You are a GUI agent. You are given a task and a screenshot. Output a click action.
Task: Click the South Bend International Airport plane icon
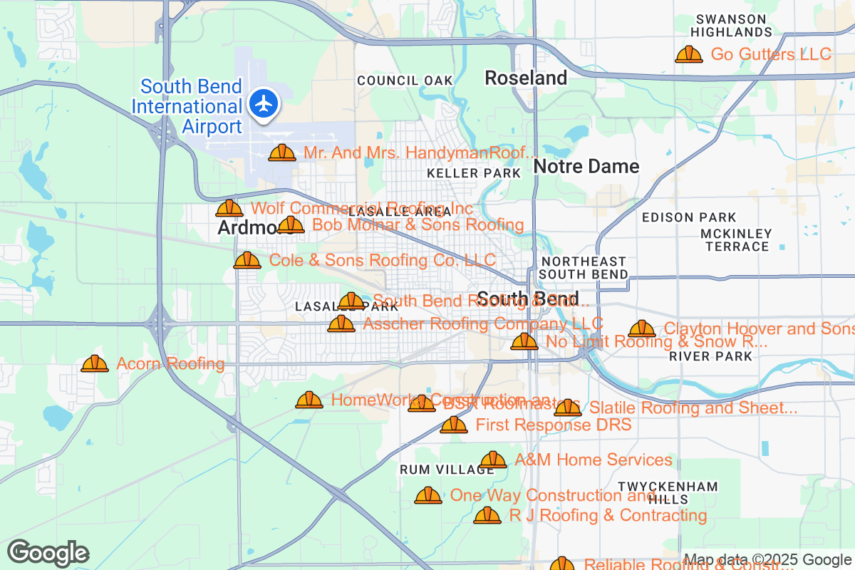[x=264, y=104]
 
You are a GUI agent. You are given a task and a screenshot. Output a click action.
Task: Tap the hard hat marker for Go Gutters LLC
[x=688, y=55]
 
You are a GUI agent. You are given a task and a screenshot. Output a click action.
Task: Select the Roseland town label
[x=526, y=78]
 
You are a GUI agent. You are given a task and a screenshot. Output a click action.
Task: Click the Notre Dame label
[x=586, y=167]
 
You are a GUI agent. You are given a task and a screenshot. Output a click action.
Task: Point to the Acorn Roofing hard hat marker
[x=95, y=364]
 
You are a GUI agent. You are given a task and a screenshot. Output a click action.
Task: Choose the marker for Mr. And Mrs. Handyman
[x=282, y=152]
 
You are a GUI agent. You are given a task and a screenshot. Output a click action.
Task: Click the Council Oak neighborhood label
[x=405, y=81]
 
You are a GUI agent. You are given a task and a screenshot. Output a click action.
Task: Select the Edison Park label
[x=689, y=217]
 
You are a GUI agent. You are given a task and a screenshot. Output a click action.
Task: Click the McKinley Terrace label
[x=736, y=240]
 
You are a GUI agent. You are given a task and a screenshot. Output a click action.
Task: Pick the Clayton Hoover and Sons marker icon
[x=641, y=328]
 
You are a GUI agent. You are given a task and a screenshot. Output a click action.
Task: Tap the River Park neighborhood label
[x=710, y=356]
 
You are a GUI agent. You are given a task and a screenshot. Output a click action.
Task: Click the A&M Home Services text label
[x=593, y=460]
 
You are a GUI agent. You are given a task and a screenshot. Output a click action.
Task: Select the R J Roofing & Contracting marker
[x=487, y=515]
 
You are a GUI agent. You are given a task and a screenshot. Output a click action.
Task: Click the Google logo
[x=48, y=553]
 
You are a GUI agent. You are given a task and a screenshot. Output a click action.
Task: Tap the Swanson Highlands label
[x=731, y=26]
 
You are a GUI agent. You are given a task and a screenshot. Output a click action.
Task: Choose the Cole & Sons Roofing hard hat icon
[x=247, y=260]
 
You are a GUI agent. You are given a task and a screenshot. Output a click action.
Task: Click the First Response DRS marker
[x=453, y=425]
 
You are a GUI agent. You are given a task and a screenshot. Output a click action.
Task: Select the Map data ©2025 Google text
[x=767, y=560]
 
